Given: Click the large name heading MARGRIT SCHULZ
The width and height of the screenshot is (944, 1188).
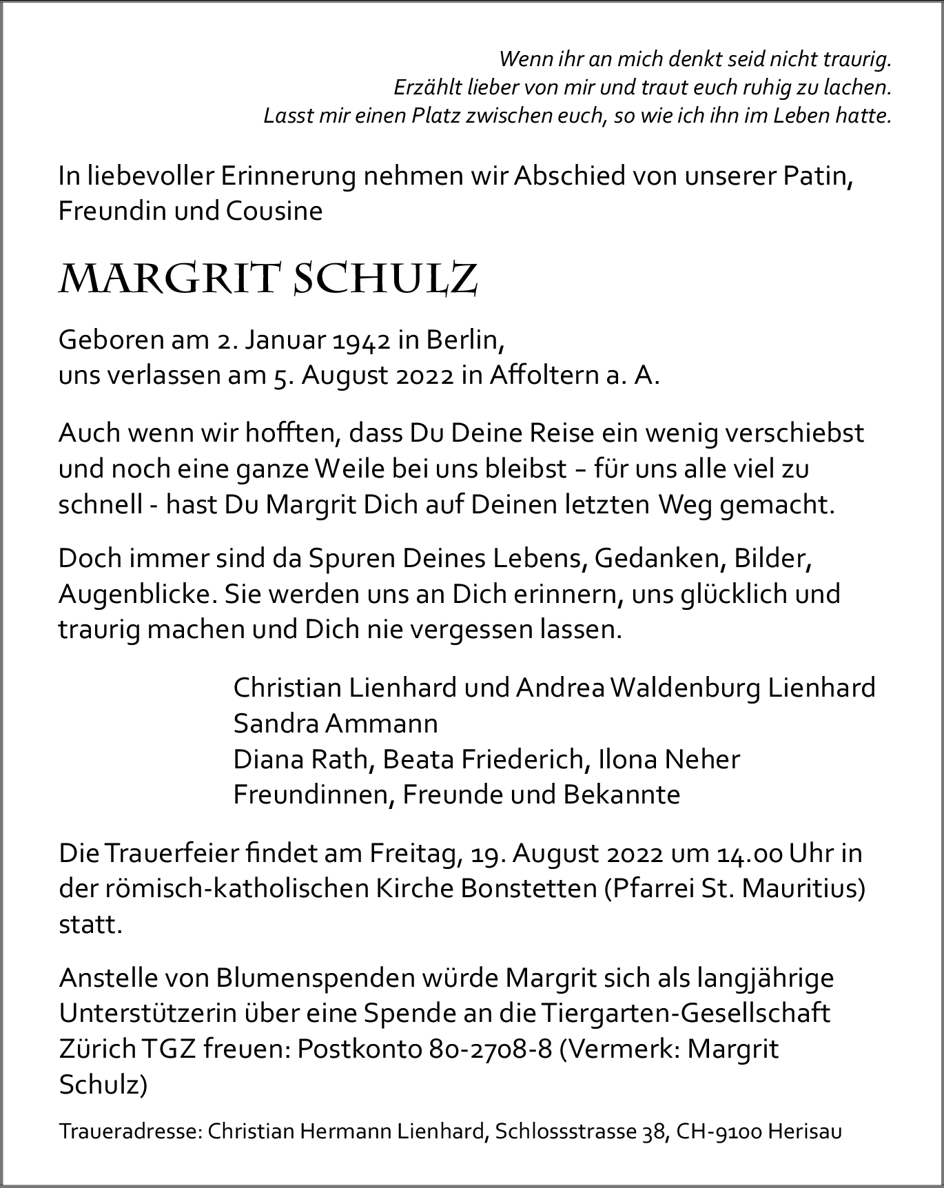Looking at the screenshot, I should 268,280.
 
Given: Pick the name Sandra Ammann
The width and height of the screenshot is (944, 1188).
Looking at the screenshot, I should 336,724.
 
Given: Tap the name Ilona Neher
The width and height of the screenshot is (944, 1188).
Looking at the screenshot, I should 669,759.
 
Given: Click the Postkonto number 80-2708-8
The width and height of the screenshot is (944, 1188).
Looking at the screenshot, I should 491,1049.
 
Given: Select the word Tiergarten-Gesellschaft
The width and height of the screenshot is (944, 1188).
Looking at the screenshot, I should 686,1014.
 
